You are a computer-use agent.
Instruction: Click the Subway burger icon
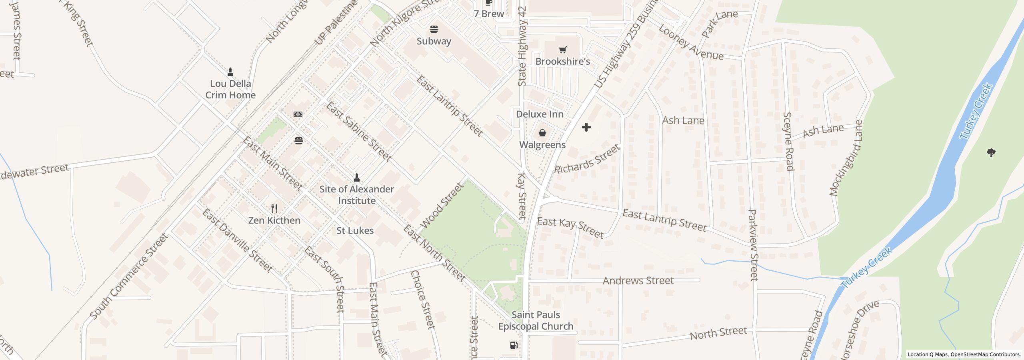coord(434,29)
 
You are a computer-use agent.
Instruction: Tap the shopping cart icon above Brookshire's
coord(562,50)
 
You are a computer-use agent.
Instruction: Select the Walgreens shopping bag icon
coord(542,133)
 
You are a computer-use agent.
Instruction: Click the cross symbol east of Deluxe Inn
coord(586,128)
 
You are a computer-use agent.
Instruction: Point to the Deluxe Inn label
coord(540,114)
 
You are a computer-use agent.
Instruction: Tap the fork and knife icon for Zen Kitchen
coord(274,208)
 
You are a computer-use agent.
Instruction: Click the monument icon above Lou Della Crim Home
coord(230,72)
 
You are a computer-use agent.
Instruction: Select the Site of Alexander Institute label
coord(357,195)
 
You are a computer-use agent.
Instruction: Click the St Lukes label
coord(355,231)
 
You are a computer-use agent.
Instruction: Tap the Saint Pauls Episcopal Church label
coord(536,321)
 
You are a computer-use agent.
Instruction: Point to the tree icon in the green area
coord(991,153)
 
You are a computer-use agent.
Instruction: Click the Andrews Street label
coord(638,281)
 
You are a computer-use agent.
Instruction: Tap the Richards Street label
coord(587,159)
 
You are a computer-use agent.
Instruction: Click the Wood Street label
coord(442,205)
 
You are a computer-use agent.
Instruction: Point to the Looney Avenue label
coord(691,43)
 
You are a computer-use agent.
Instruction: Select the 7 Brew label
coord(489,14)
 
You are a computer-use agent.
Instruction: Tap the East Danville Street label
coord(237,241)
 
